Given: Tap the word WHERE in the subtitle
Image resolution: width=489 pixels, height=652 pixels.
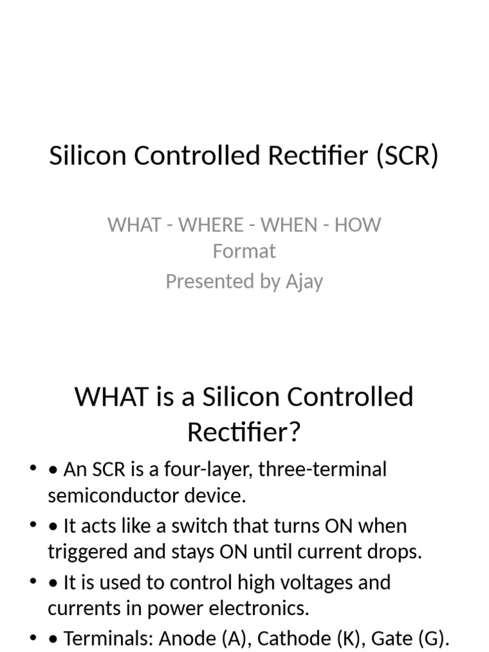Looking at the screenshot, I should pyautogui.click(x=211, y=225).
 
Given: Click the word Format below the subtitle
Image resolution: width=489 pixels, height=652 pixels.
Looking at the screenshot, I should pyautogui.click(x=244, y=251).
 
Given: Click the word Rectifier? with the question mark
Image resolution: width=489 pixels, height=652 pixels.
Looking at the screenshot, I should pyautogui.click(x=244, y=433).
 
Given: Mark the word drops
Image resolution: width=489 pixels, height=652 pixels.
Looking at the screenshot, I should pyautogui.click(x=396, y=552).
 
